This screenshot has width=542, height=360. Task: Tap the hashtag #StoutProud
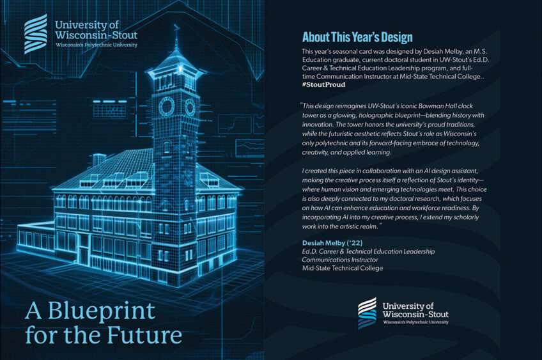tap(324, 84)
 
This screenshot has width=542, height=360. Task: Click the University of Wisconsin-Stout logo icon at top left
tap(35, 33)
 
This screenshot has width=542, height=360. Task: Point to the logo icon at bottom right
tap(367, 313)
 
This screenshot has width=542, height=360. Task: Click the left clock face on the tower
tap(166, 106)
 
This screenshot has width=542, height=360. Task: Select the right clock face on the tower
tap(190, 105)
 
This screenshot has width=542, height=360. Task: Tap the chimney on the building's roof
tap(99, 160)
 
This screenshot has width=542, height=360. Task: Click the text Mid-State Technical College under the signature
tap(343, 268)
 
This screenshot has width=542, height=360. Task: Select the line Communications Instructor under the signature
tap(340, 260)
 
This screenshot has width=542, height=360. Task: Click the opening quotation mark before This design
tap(300, 105)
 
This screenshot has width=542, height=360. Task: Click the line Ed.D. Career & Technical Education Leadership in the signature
tap(368, 251)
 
